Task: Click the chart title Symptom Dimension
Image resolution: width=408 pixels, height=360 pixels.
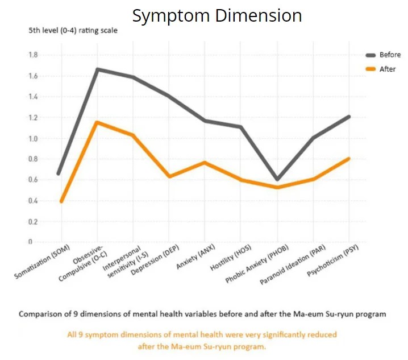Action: click(x=217, y=16)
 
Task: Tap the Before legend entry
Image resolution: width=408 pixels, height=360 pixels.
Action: click(x=383, y=55)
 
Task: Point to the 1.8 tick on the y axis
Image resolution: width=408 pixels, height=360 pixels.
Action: click(x=33, y=55)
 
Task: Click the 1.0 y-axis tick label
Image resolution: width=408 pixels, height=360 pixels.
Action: click(x=33, y=138)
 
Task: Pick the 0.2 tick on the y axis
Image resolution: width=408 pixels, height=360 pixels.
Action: click(x=33, y=222)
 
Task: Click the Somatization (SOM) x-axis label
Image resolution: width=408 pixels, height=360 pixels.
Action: click(x=42, y=262)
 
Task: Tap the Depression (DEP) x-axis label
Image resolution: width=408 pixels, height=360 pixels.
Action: click(x=155, y=260)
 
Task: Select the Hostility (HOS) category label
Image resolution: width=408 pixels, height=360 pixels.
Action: click(x=231, y=258)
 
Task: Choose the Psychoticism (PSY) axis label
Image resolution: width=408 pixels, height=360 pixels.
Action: click(x=333, y=260)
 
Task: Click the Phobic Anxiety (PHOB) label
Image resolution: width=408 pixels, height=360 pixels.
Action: click(x=257, y=264)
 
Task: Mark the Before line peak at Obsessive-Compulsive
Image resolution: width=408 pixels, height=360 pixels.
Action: click(x=97, y=69)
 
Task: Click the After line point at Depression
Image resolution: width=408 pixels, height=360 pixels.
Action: click(x=170, y=176)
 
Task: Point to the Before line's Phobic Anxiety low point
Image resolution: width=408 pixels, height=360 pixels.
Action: click(x=277, y=179)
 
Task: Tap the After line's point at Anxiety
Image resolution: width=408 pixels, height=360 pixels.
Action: click(x=205, y=163)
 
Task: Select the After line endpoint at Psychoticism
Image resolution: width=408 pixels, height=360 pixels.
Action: click(x=349, y=158)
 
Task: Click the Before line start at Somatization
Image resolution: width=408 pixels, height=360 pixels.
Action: click(x=59, y=173)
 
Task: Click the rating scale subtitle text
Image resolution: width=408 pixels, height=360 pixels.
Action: click(x=73, y=31)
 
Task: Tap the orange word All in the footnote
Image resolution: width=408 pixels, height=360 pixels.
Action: click(x=72, y=334)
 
